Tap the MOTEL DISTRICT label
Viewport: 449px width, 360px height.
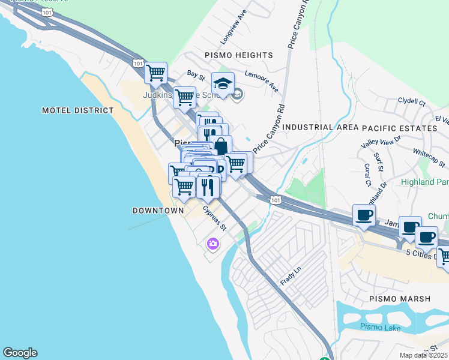coord(77,110)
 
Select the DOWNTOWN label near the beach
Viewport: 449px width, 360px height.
coord(158,211)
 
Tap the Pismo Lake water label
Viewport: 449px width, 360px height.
coord(376,326)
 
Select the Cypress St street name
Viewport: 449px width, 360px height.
coord(214,220)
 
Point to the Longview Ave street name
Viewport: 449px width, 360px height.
coord(233,28)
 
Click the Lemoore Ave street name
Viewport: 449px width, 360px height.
coord(262,82)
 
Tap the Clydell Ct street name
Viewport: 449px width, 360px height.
coord(411,100)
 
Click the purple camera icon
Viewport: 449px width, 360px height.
coord(212,244)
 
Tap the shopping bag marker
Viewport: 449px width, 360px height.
coord(221,146)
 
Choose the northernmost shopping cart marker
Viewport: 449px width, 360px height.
coord(155,73)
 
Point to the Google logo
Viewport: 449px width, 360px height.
coord(20,353)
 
